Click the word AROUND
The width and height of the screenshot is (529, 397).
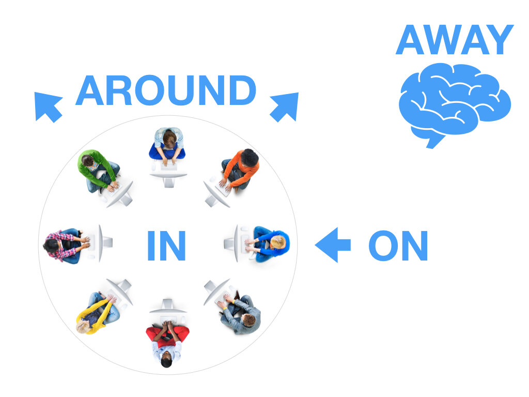coord(166,91)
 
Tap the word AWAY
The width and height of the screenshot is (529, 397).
coord(455,40)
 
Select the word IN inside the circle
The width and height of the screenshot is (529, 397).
coord(166,246)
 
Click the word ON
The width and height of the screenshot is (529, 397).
coord(398,246)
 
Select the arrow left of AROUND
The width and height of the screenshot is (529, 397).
coord(48,106)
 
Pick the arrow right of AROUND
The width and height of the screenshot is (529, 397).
coord(285,106)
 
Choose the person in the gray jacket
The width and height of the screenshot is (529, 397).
coord(241,313)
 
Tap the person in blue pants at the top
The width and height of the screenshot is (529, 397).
coord(167,145)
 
